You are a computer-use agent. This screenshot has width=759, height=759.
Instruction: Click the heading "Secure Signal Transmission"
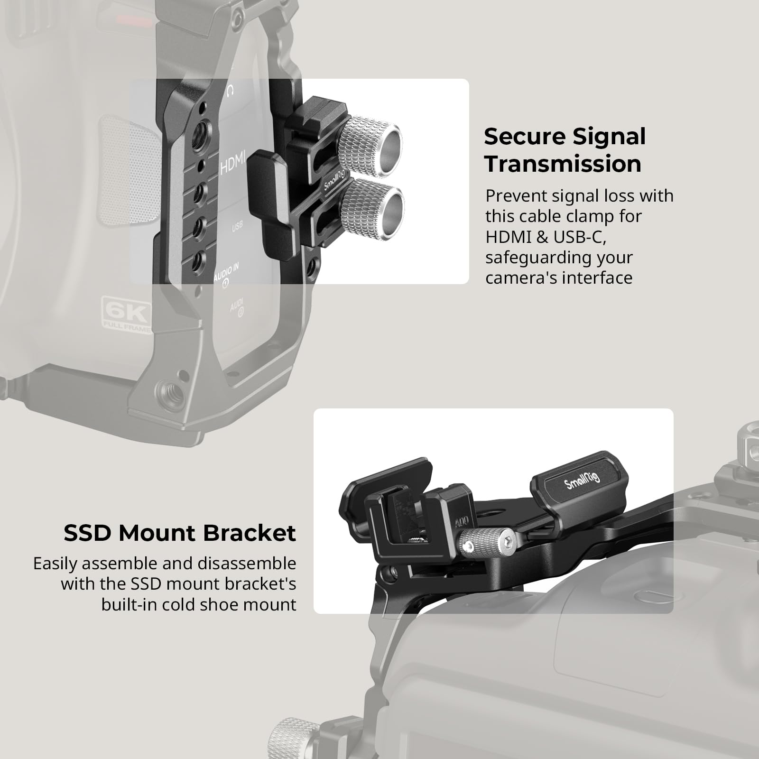565,150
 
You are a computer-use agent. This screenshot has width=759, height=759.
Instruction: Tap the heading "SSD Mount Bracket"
180,533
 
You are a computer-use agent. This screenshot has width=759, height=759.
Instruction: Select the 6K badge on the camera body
126,314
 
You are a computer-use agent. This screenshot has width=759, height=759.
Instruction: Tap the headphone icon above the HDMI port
231,90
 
